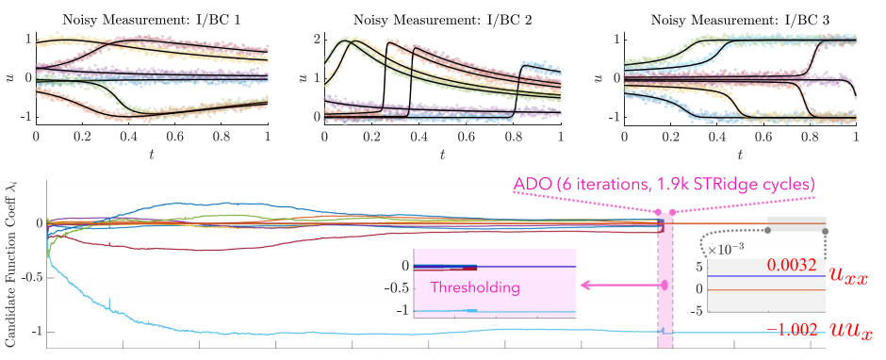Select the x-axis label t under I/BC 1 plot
[152, 155]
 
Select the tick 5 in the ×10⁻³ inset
[698, 268]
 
